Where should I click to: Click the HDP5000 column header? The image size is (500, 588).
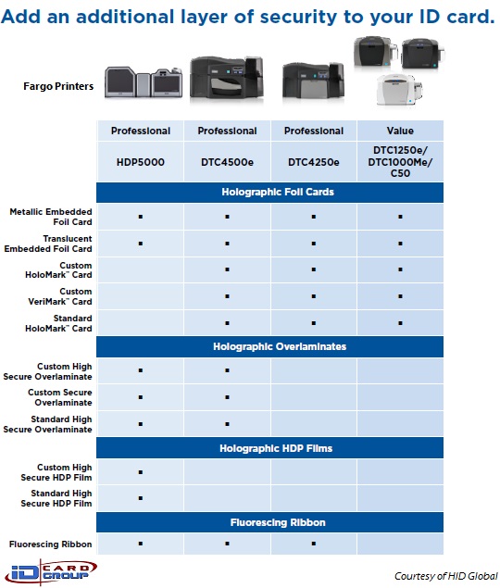[x=141, y=162]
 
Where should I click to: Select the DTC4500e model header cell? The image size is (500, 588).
[x=227, y=162]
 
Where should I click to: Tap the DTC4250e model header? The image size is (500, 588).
[x=314, y=162]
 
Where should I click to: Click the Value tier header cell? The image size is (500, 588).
[x=400, y=131]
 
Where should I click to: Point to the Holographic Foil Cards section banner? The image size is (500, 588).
[x=278, y=192]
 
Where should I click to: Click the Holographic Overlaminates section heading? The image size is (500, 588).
[x=280, y=346]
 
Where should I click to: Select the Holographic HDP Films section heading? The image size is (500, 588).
[x=276, y=448]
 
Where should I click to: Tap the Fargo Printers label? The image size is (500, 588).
[x=58, y=86]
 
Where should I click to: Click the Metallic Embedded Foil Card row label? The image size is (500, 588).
[x=51, y=217]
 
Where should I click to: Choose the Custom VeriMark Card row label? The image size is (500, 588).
[x=60, y=296]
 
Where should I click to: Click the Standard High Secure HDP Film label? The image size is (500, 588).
[x=56, y=498]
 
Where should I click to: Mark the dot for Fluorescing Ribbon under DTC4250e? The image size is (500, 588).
[x=314, y=544]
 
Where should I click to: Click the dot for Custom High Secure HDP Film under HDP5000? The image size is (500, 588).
[x=141, y=472]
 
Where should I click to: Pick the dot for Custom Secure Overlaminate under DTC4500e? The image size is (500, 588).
[x=227, y=397]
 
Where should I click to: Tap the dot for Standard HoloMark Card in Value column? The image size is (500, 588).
[x=400, y=323]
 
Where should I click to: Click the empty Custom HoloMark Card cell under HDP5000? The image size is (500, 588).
[x=141, y=269]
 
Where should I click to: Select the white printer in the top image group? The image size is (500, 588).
[x=399, y=91]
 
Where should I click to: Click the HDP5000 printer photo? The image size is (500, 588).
[x=144, y=82]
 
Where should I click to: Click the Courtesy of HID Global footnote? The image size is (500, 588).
[x=446, y=576]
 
